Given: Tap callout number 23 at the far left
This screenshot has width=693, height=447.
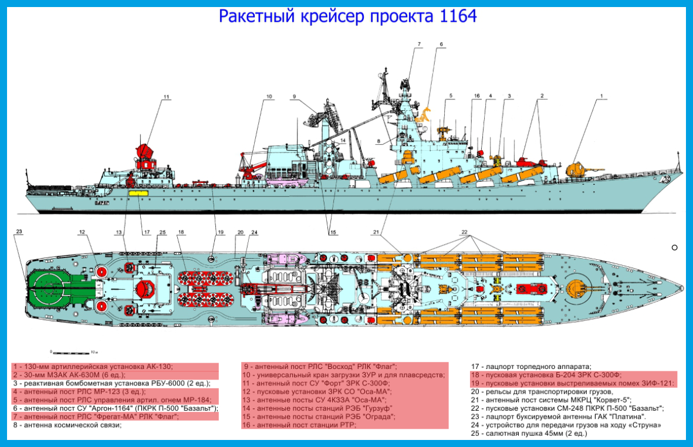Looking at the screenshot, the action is (x=19, y=232).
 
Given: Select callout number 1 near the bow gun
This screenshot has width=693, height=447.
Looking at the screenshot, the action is (x=601, y=95).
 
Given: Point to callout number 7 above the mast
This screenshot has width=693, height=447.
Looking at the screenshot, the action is (x=419, y=45).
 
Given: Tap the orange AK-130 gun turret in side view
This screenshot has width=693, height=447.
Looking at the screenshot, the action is (x=576, y=170).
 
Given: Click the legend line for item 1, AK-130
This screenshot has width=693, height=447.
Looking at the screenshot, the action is (x=94, y=367).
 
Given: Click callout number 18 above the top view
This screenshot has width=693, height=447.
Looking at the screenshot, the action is (x=181, y=232).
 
